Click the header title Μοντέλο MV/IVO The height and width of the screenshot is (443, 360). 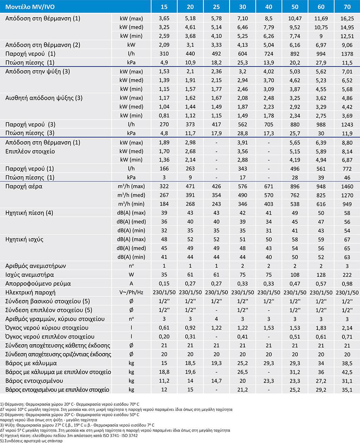[x=30, y=7]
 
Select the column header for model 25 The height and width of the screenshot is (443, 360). [x=216, y=7]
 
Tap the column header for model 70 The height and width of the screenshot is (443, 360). [x=347, y=7]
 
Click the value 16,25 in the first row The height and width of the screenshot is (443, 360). [x=347, y=18]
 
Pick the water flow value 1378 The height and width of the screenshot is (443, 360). [x=347, y=54]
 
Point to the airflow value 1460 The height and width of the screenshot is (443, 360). [x=347, y=187]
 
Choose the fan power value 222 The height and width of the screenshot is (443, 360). [x=347, y=275]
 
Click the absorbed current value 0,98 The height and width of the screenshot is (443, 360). [x=347, y=284]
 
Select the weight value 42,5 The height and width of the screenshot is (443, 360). [x=347, y=372]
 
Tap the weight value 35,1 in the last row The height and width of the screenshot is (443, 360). [x=347, y=390]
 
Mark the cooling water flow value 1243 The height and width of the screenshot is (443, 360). [x=347, y=124]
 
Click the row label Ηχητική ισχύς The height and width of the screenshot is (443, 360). [x=25, y=239]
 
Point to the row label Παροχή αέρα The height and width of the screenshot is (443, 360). [x=24, y=187]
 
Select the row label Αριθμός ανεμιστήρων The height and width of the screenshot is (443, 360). [x=36, y=266]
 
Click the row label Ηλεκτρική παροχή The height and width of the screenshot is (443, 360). [x=31, y=292]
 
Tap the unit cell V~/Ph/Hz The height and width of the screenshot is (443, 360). [x=131, y=292]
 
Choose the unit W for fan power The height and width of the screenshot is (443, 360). [x=131, y=275]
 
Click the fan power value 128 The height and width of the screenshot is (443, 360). [x=321, y=275]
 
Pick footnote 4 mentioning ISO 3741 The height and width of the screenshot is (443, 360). [x=69, y=436]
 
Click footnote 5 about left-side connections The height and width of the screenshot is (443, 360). [x=31, y=441]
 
